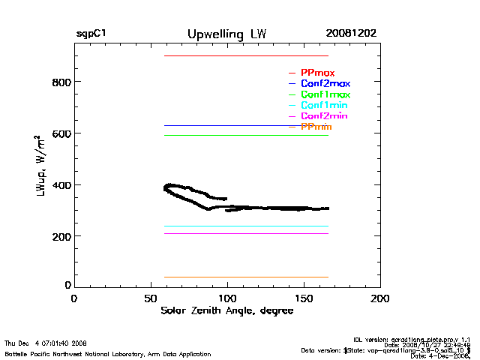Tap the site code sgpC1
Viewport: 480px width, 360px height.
pos(91,34)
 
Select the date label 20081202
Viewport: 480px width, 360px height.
pos(351,34)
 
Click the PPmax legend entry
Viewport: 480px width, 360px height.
pos(317,73)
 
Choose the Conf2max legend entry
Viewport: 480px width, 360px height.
pos(325,83)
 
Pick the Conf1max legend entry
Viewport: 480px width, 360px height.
pos(325,94)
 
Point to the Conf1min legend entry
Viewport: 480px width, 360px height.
pos(324,106)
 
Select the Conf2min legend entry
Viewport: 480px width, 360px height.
pos(324,116)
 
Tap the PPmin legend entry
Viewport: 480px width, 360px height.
pos(316,127)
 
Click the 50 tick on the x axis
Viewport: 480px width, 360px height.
pos(150,298)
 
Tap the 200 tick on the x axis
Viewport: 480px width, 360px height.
pos(380,298)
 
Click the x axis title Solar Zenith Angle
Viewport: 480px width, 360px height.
pos(226,311)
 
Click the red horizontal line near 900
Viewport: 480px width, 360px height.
pos(246,55)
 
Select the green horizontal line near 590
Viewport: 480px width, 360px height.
pos(246,135)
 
